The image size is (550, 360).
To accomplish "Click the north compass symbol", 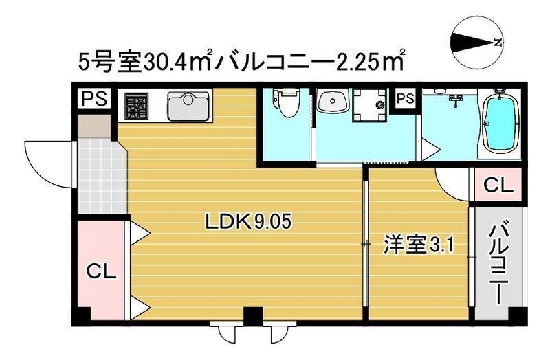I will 476,42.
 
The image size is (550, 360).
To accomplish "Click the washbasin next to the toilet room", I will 332,103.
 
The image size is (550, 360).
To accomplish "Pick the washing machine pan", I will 371,106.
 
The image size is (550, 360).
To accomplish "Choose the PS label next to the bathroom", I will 405,99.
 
